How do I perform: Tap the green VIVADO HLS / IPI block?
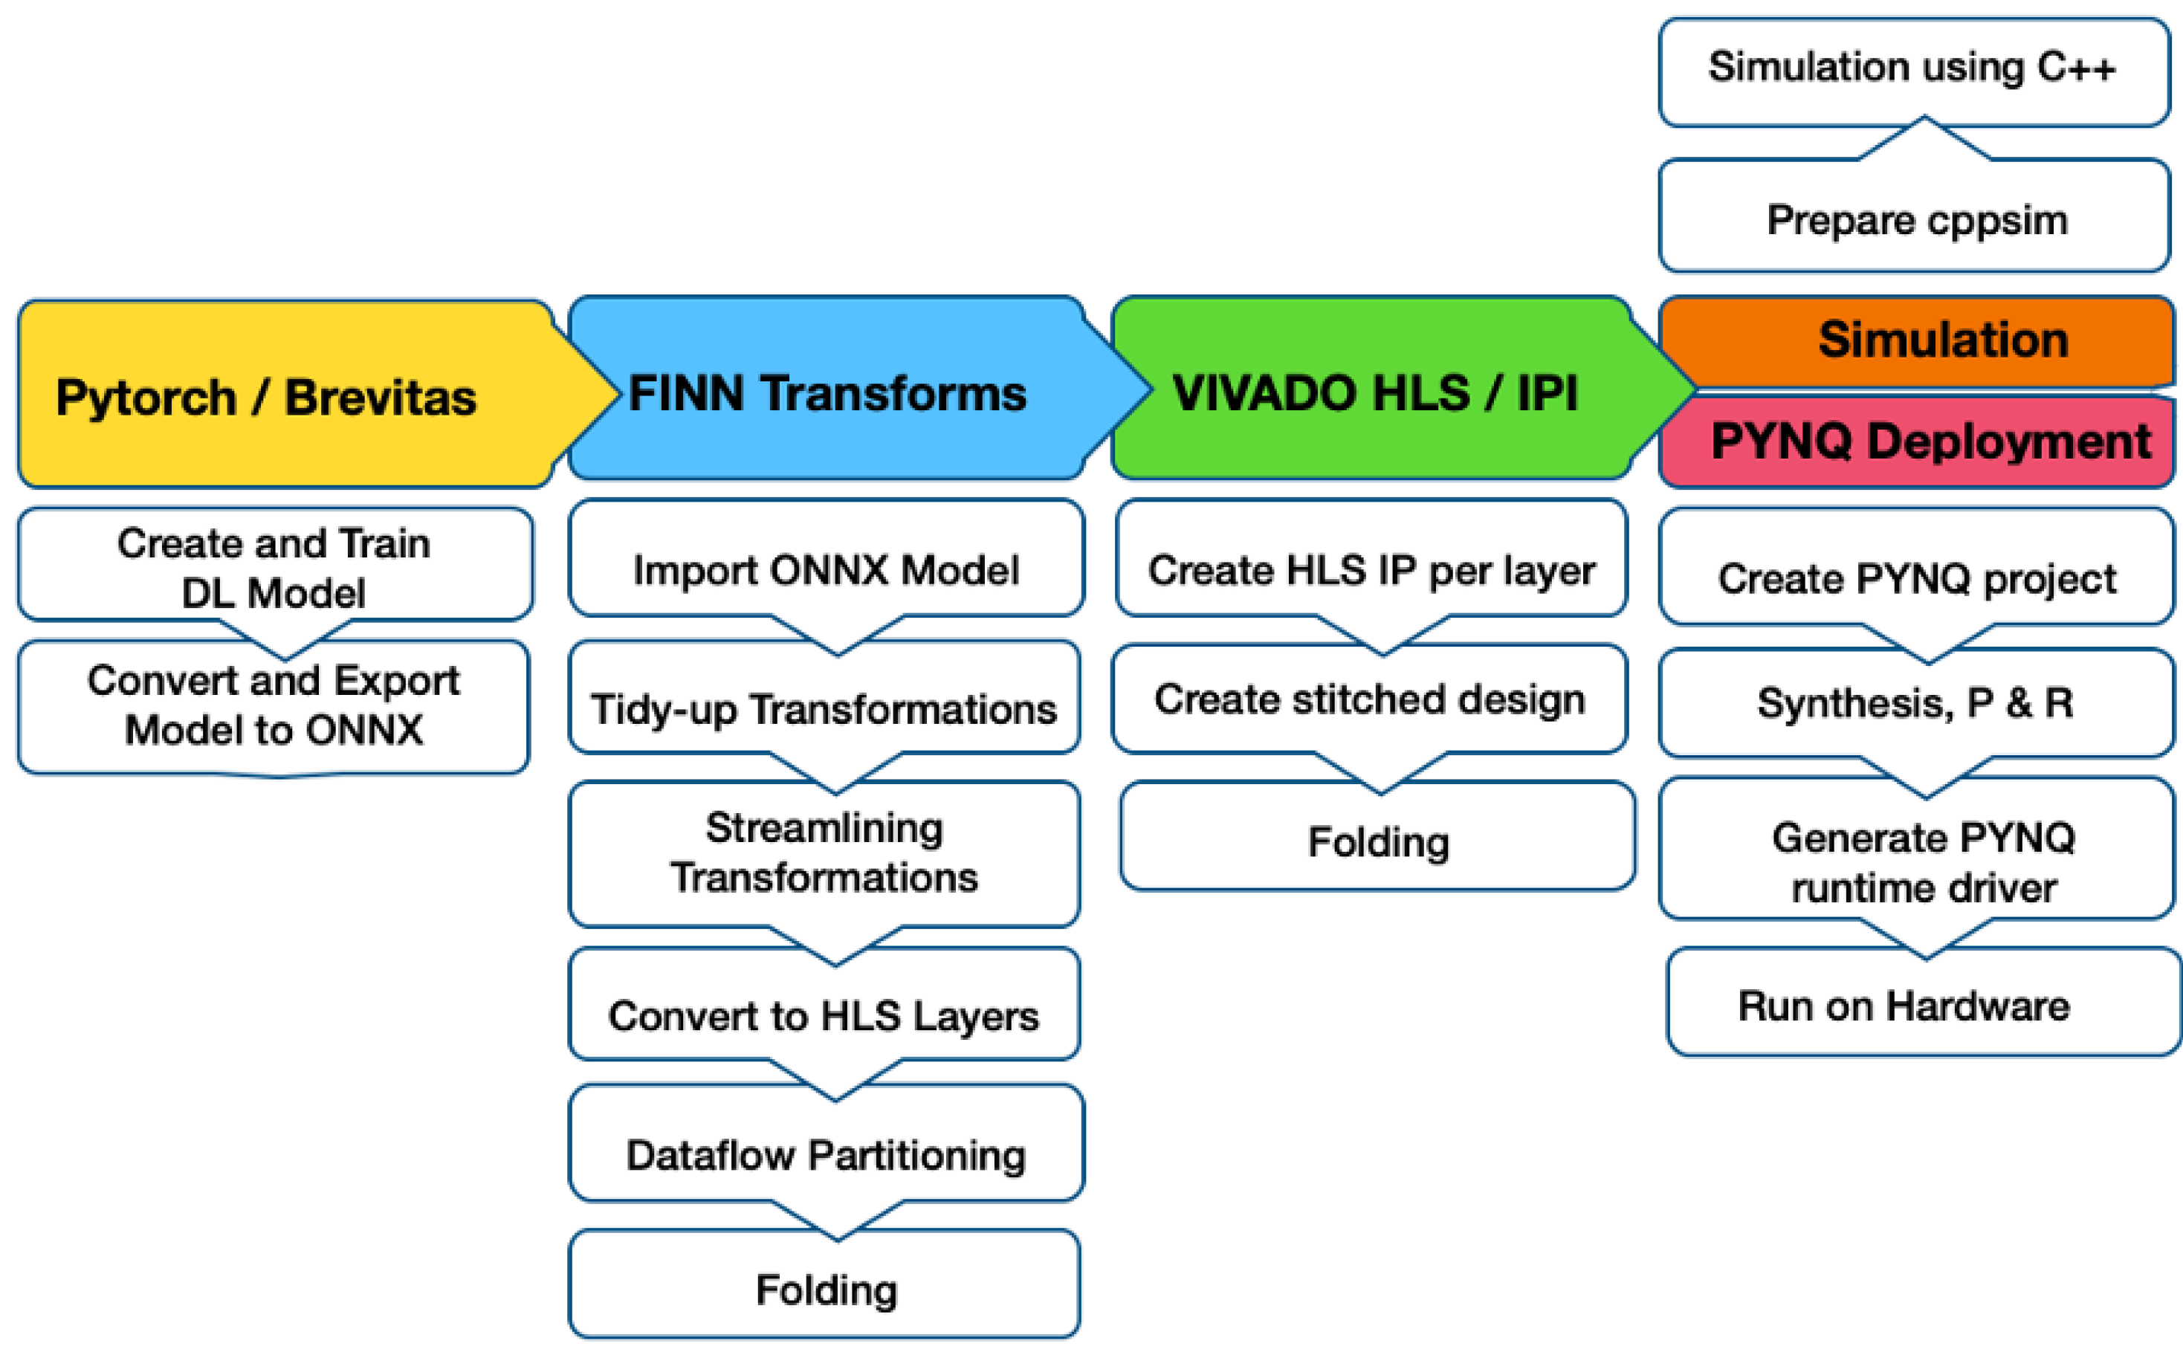[x=1374, y=392]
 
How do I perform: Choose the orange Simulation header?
[x=1918, y=341]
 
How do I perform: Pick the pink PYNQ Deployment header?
[x=1918, y=441]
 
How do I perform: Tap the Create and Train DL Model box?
[x=274, y=566]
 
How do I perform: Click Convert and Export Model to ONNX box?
[x=274, y=705]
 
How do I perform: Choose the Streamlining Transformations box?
[x=824, y=852]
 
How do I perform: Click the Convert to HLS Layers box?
[x=824, y=1015]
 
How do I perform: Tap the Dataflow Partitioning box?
[x=825, y=1154]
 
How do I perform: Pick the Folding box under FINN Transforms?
[x=825, y=1290]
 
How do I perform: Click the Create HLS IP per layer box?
[x=1371, y=569]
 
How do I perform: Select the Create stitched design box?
[x=1369, y=699]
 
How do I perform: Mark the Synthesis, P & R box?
[x=1915, y=703]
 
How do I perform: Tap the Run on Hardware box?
[x=1905, y=1006]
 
